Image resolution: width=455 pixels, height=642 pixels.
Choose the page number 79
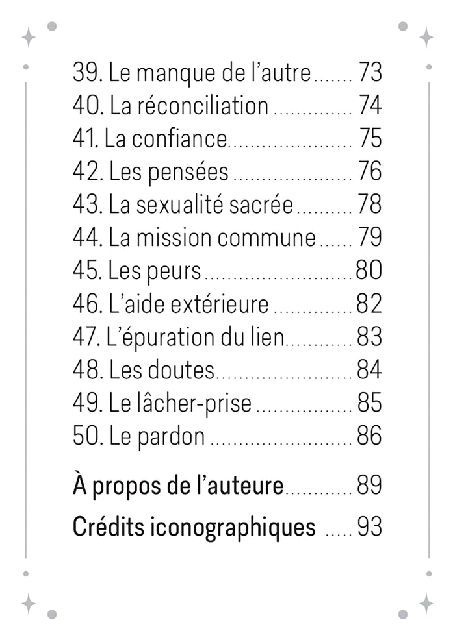(x=369, y=238)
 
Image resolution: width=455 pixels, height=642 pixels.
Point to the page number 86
(x=369, y=436)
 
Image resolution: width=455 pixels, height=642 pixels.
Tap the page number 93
(x=369, y=528)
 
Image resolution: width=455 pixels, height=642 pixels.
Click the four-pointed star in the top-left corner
(x=29, y=37)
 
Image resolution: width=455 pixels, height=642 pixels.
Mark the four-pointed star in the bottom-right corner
(x=426, y=603)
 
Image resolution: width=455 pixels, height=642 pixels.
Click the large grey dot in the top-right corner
(x=402, y=26)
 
